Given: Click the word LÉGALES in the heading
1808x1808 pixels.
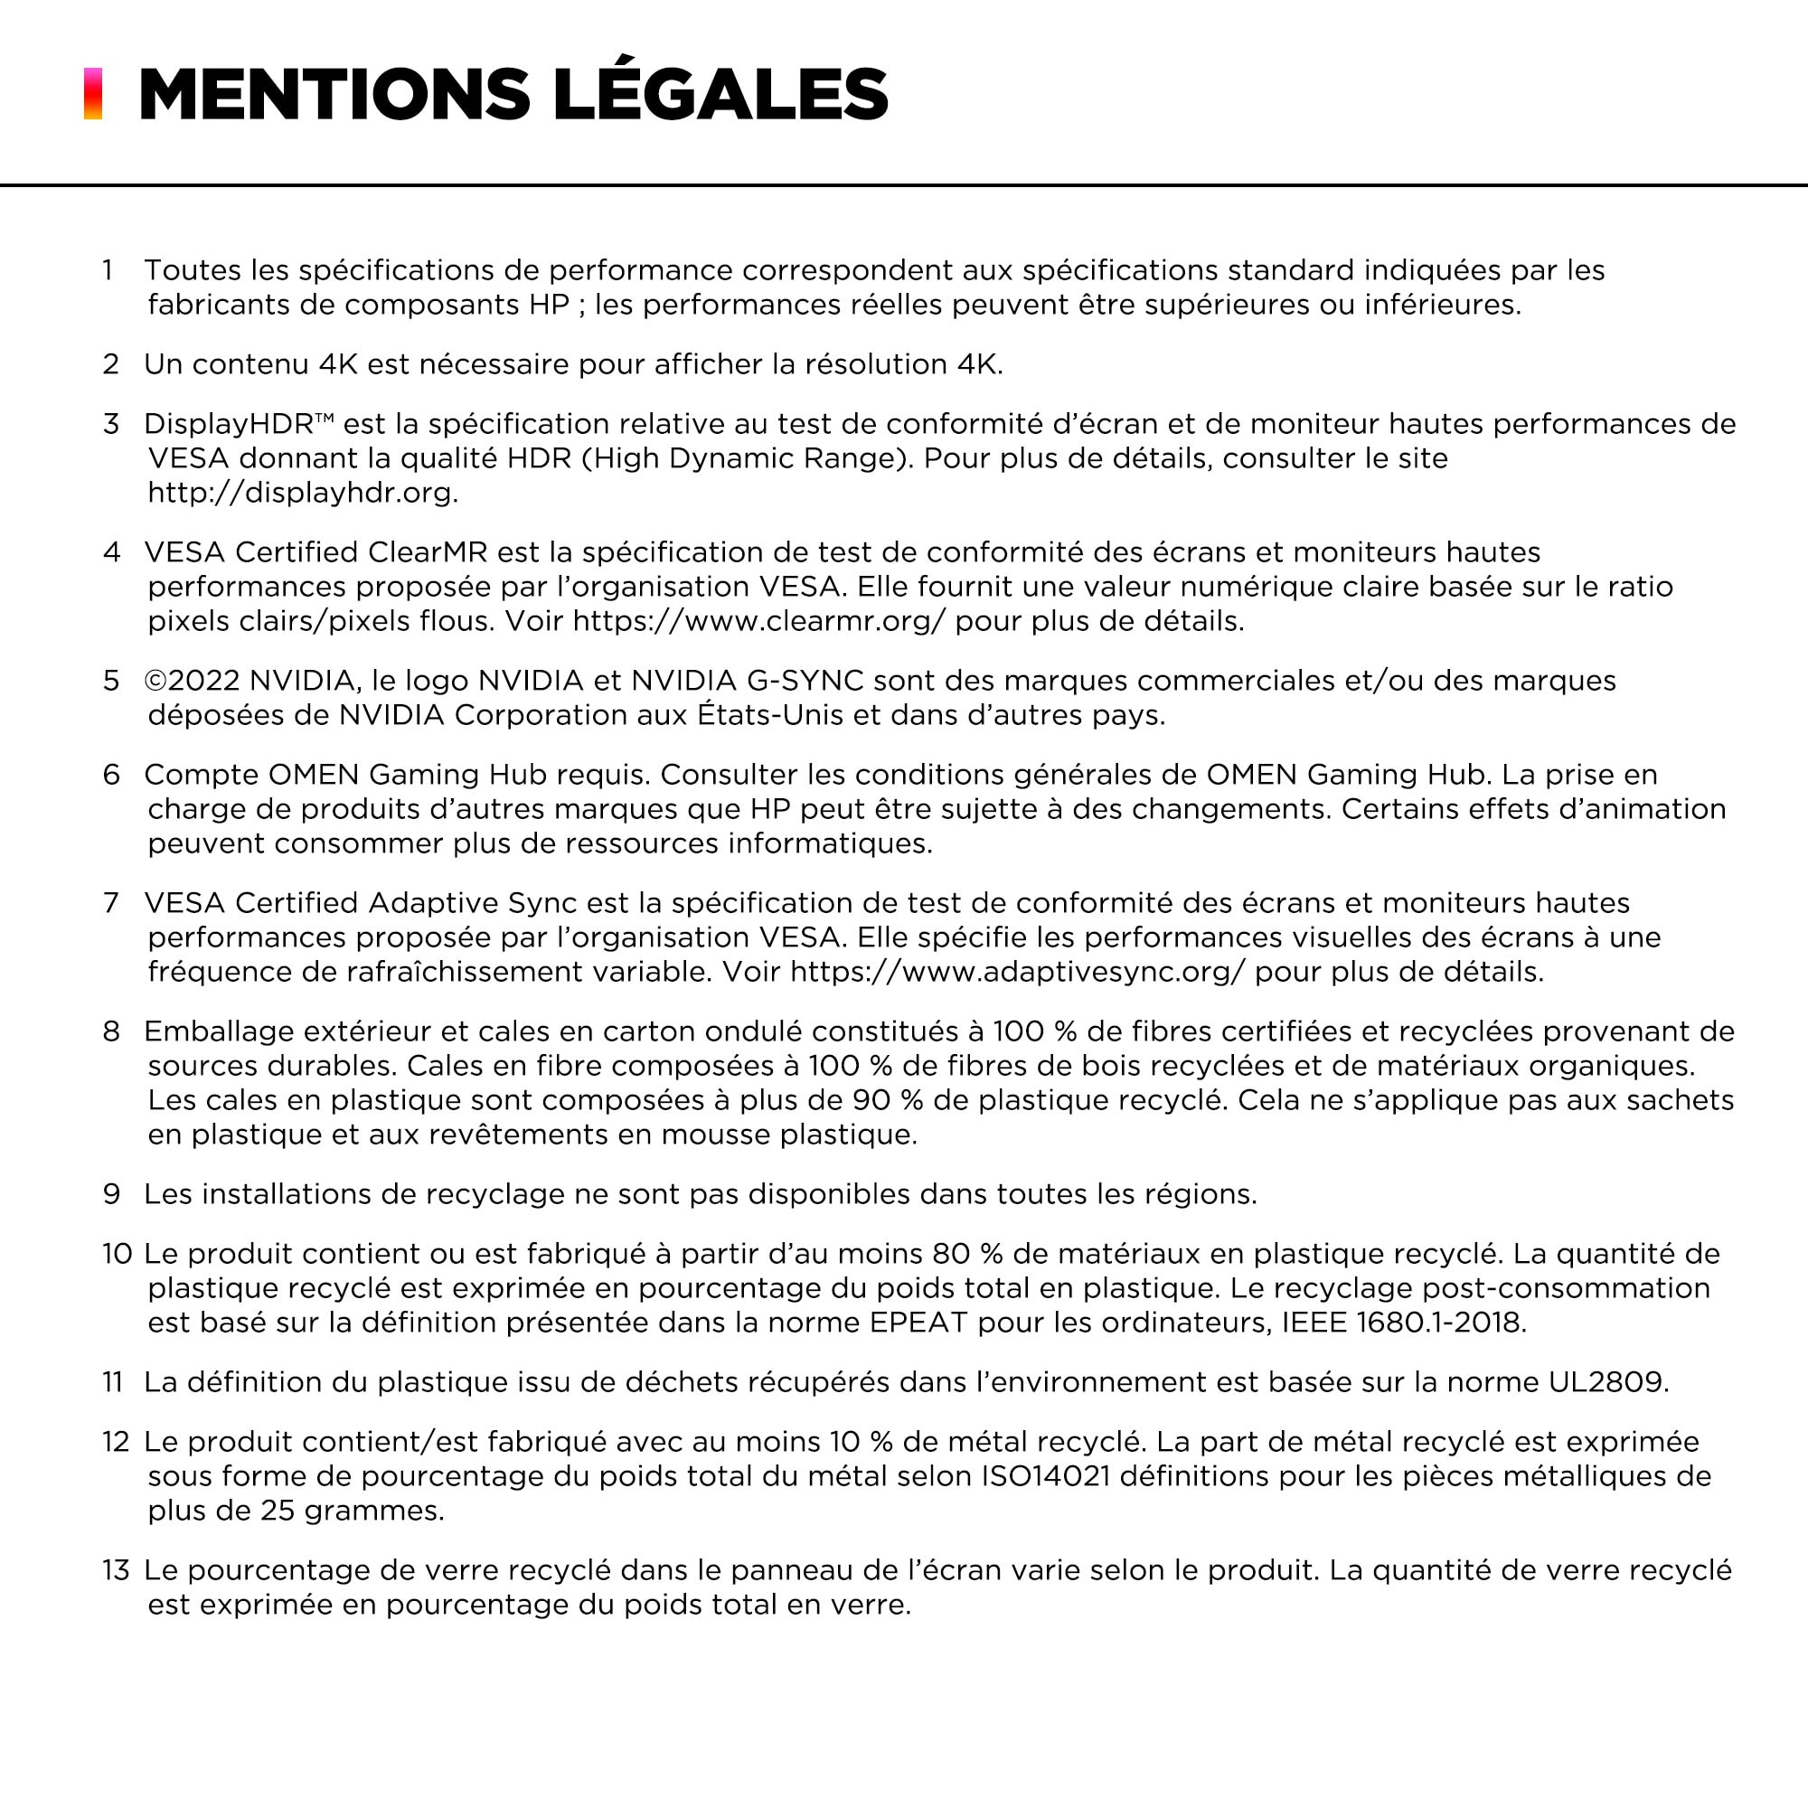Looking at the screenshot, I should tap(720, 94).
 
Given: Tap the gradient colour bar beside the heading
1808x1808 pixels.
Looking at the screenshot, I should tap(92, 94).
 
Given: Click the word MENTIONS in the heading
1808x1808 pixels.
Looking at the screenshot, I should tap(334, 94).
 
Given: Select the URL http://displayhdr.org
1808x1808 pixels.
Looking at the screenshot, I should tap(302, 493).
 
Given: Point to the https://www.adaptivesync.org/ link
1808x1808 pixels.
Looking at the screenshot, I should tap(1017, 972).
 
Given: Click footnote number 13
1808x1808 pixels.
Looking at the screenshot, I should tap(116, 1569).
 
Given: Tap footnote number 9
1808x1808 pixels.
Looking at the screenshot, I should tap(111, 1193).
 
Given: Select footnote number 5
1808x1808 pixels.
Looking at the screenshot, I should tap(111, 681).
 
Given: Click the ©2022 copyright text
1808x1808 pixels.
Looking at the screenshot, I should tap(192, 681).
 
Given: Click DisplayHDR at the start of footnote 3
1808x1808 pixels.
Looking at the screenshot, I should tap(229, 424).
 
